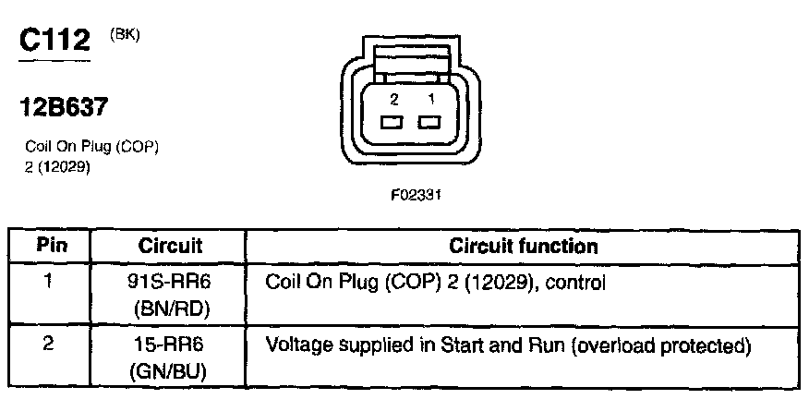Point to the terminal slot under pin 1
428,123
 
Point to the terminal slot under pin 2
392,123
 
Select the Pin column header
50,247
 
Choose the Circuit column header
170,247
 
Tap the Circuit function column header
523,247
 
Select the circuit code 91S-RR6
170,283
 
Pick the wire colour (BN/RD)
170,309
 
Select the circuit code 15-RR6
170,348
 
